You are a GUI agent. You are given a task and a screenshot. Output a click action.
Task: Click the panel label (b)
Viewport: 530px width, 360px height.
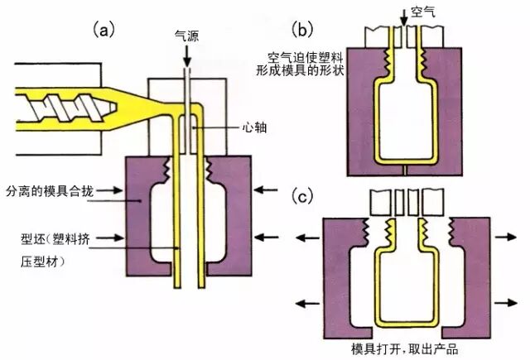[x=304, y=31]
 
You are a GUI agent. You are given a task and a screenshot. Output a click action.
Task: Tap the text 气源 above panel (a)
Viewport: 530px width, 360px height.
[x=186, y=35]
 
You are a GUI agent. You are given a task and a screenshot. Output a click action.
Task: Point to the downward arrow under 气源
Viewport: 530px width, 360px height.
[x=186, y=55]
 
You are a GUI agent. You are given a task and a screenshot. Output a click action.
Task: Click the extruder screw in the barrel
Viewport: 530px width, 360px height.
[x=54, y=108]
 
